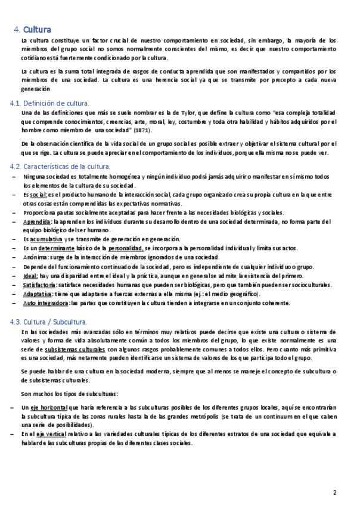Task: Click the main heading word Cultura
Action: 37,29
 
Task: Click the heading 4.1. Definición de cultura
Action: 49,104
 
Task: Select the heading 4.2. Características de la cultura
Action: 60,167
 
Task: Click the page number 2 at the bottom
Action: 335,492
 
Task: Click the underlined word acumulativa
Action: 46,239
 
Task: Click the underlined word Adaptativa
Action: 37,294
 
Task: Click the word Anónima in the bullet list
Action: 36,257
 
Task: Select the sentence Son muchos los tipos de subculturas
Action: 69,394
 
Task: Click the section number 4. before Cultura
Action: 17,29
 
